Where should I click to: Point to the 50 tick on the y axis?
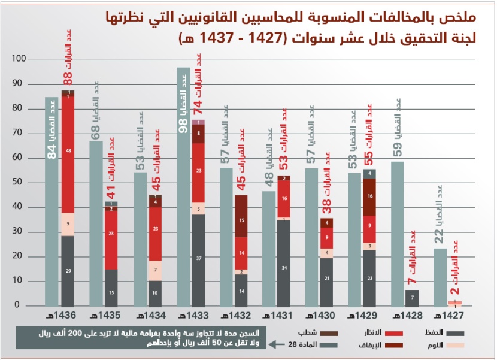(x=22, y=183)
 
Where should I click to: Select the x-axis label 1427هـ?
(x=453, y=315)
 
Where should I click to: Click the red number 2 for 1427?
(x=455, y=291)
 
